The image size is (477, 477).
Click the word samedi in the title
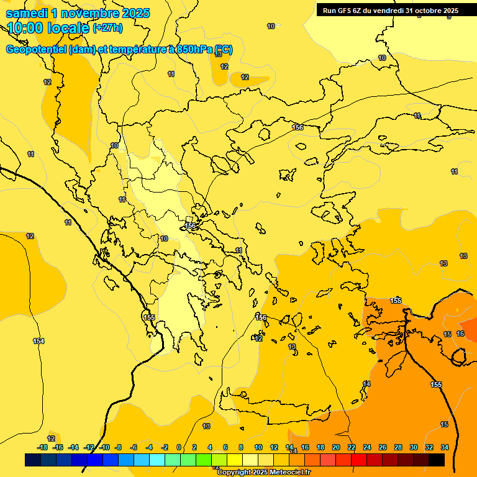pos(26,14)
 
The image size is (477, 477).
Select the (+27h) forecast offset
pos(107,28)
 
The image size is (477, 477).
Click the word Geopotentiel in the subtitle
pos(35,50)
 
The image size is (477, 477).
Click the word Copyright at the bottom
pos(234,473)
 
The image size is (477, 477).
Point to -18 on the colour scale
pos(43,447)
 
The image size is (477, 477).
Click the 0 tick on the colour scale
pos(179,447)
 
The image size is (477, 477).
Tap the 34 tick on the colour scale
pos(445,447)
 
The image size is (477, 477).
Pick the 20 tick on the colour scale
pos(336,447)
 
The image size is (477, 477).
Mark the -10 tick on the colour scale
pos(104,447)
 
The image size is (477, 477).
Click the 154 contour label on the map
pos(39,341)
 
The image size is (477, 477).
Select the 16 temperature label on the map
pos(460,334)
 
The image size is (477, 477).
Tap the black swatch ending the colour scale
pos(436,460)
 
